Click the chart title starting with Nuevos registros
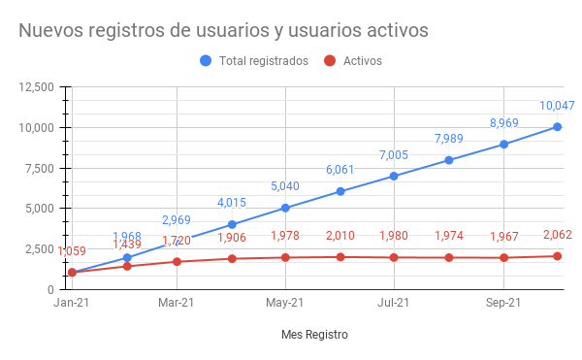coord(223,30)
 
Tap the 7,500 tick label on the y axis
coord(40,168)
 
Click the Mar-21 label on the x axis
coord(177,303)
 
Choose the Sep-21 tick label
coord(502,303)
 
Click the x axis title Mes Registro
coord(313,335)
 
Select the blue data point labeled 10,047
coord(558,126)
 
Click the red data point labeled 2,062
coord(558,256)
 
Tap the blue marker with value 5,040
coord(286,208)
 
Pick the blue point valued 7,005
coord(395,176)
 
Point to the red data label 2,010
coord(340,236)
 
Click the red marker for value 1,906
coord(232,258)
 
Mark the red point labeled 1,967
coord(503,257)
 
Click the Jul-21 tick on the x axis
coord(394,303)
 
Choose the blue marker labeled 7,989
coord(449,160)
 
